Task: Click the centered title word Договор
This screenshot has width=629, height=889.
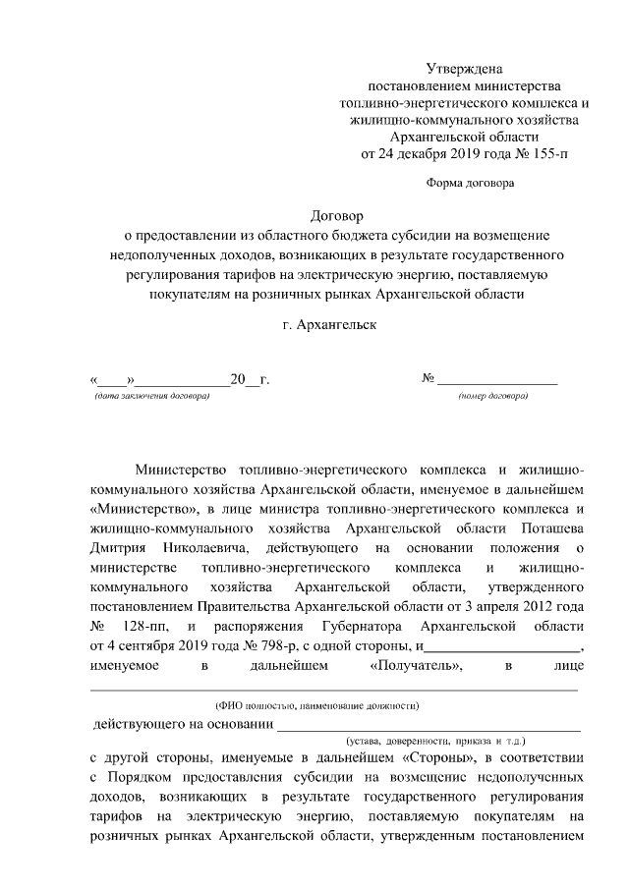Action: pyautogui.click(x=336, y=215)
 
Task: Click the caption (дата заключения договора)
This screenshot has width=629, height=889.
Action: pyautogui.click(x=152, y=396)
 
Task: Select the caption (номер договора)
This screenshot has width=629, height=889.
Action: pyautogui.click(x=493, y=396)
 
